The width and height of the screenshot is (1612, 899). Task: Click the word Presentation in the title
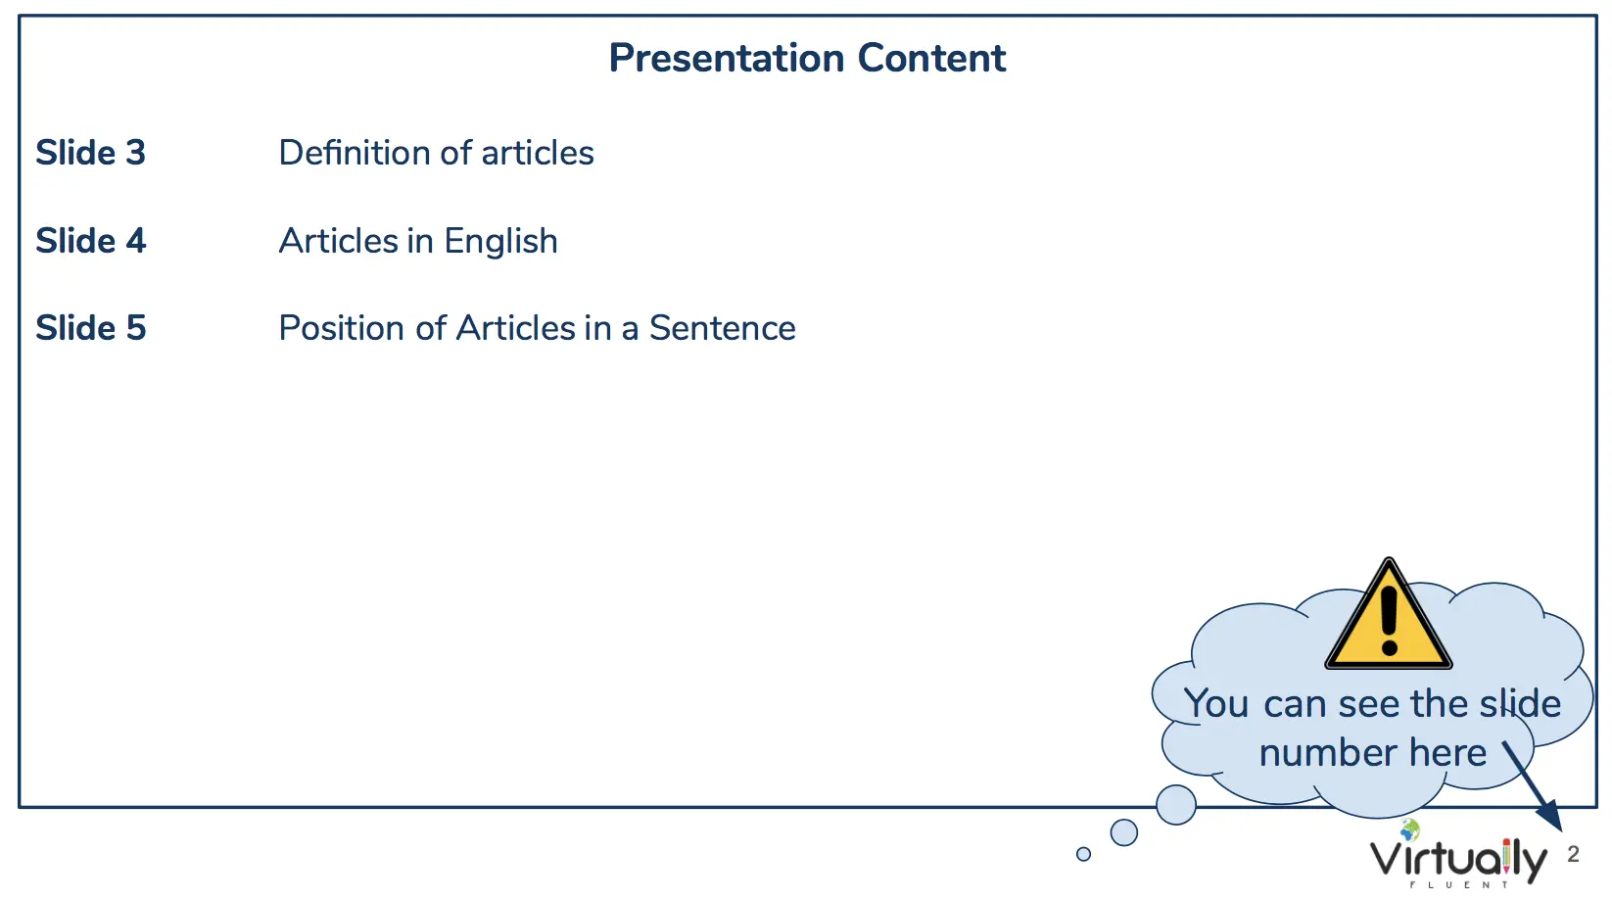726,59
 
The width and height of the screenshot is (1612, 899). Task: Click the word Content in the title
931,58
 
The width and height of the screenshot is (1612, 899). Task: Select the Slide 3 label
91,153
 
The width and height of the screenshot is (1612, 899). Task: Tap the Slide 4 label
91,240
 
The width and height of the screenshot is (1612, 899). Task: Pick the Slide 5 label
91,328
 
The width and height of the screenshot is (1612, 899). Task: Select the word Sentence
723,328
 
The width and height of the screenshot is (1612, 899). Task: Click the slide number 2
1573,854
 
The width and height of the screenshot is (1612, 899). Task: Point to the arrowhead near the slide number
1551,818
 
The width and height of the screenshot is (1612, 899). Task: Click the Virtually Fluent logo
1458,857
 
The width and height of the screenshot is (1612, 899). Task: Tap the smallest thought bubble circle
1084,854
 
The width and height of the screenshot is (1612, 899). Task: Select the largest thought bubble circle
1176,804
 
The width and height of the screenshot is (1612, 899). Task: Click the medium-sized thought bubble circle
1124,832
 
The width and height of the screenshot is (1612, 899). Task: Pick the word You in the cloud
1216,703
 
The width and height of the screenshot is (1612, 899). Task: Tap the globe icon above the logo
1410,829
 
